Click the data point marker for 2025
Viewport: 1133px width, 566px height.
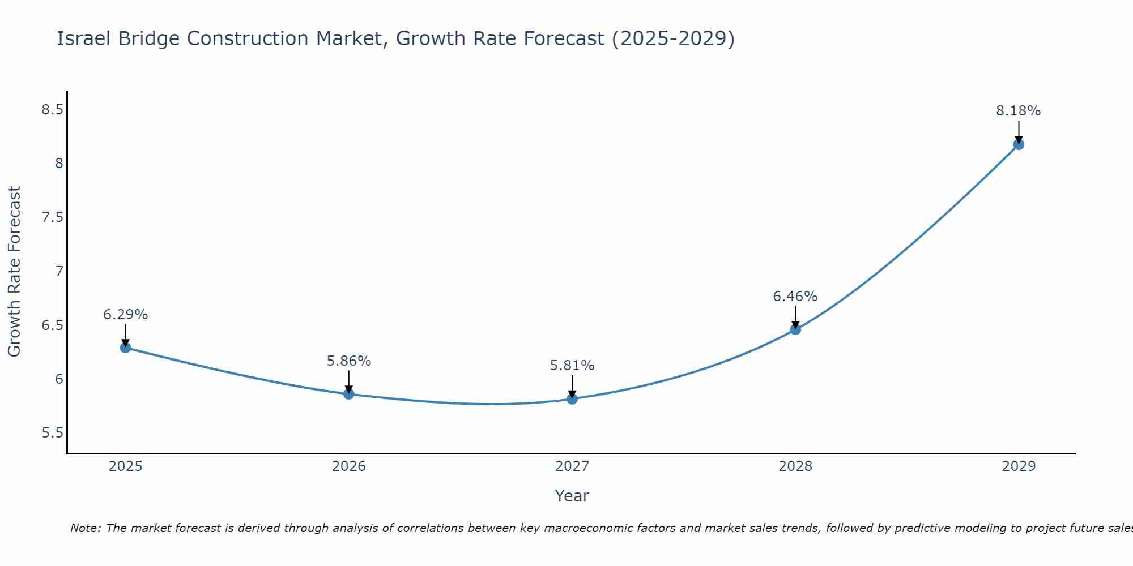click(x=126, y=348)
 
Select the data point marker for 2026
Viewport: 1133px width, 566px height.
click(x=349, y=394)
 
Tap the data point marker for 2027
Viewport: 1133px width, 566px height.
click(x=572, y=399)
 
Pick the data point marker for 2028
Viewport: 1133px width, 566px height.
click(x=795, y=329)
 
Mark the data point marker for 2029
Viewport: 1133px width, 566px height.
click(x=1019, y=144)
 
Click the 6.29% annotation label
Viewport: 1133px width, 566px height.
click(x=126, y=315)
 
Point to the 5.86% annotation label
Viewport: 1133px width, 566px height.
click(x=349, y=361)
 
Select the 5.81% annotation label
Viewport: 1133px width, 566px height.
click(x=572, y=366)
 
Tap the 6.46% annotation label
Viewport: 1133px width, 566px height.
click(x=795, y=297)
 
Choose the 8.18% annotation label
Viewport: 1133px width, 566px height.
click(x=1019, y=111)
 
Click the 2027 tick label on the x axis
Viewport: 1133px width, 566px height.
click(x=572, y=466)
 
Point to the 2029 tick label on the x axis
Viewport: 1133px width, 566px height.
click(x=1019, y=466)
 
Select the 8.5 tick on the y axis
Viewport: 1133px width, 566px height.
click(x=52, y=110)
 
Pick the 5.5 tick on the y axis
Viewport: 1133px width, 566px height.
click(x=52, y=434)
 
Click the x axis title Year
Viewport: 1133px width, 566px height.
click(x=572, y=496)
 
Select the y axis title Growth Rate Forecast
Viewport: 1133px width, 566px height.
click(x=15, y=272)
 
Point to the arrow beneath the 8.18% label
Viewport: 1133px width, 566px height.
click(x=1019, y=131)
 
